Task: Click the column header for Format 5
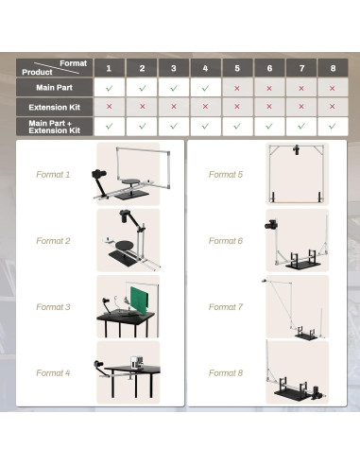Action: [x=237, y=68]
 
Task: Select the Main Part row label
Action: [x=54, y=88]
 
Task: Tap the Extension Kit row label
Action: [x=55, y=108]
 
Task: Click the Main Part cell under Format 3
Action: [x=174, y=88]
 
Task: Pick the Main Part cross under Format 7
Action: [x=301, y=89]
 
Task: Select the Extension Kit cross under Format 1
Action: [x=109, y=107]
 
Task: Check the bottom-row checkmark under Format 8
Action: [x=333, y=126]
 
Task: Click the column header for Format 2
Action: [x=142, y=68]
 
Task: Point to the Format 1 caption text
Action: [x=53, y=175]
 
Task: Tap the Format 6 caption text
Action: [x=226, y=241]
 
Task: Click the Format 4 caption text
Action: [x=53, y=373]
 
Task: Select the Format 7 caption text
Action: [x=226, y=307]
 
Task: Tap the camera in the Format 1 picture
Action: [x=99, y=174]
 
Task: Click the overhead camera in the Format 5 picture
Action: [x=296, y=149]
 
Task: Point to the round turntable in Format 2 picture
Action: [x=126, y=245]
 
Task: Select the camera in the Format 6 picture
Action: [x=271, y=224]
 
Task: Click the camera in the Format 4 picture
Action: [x=98, y=364]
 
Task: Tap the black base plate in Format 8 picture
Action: [x=294, y=393]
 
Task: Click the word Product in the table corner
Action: [x=37, y=72]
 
